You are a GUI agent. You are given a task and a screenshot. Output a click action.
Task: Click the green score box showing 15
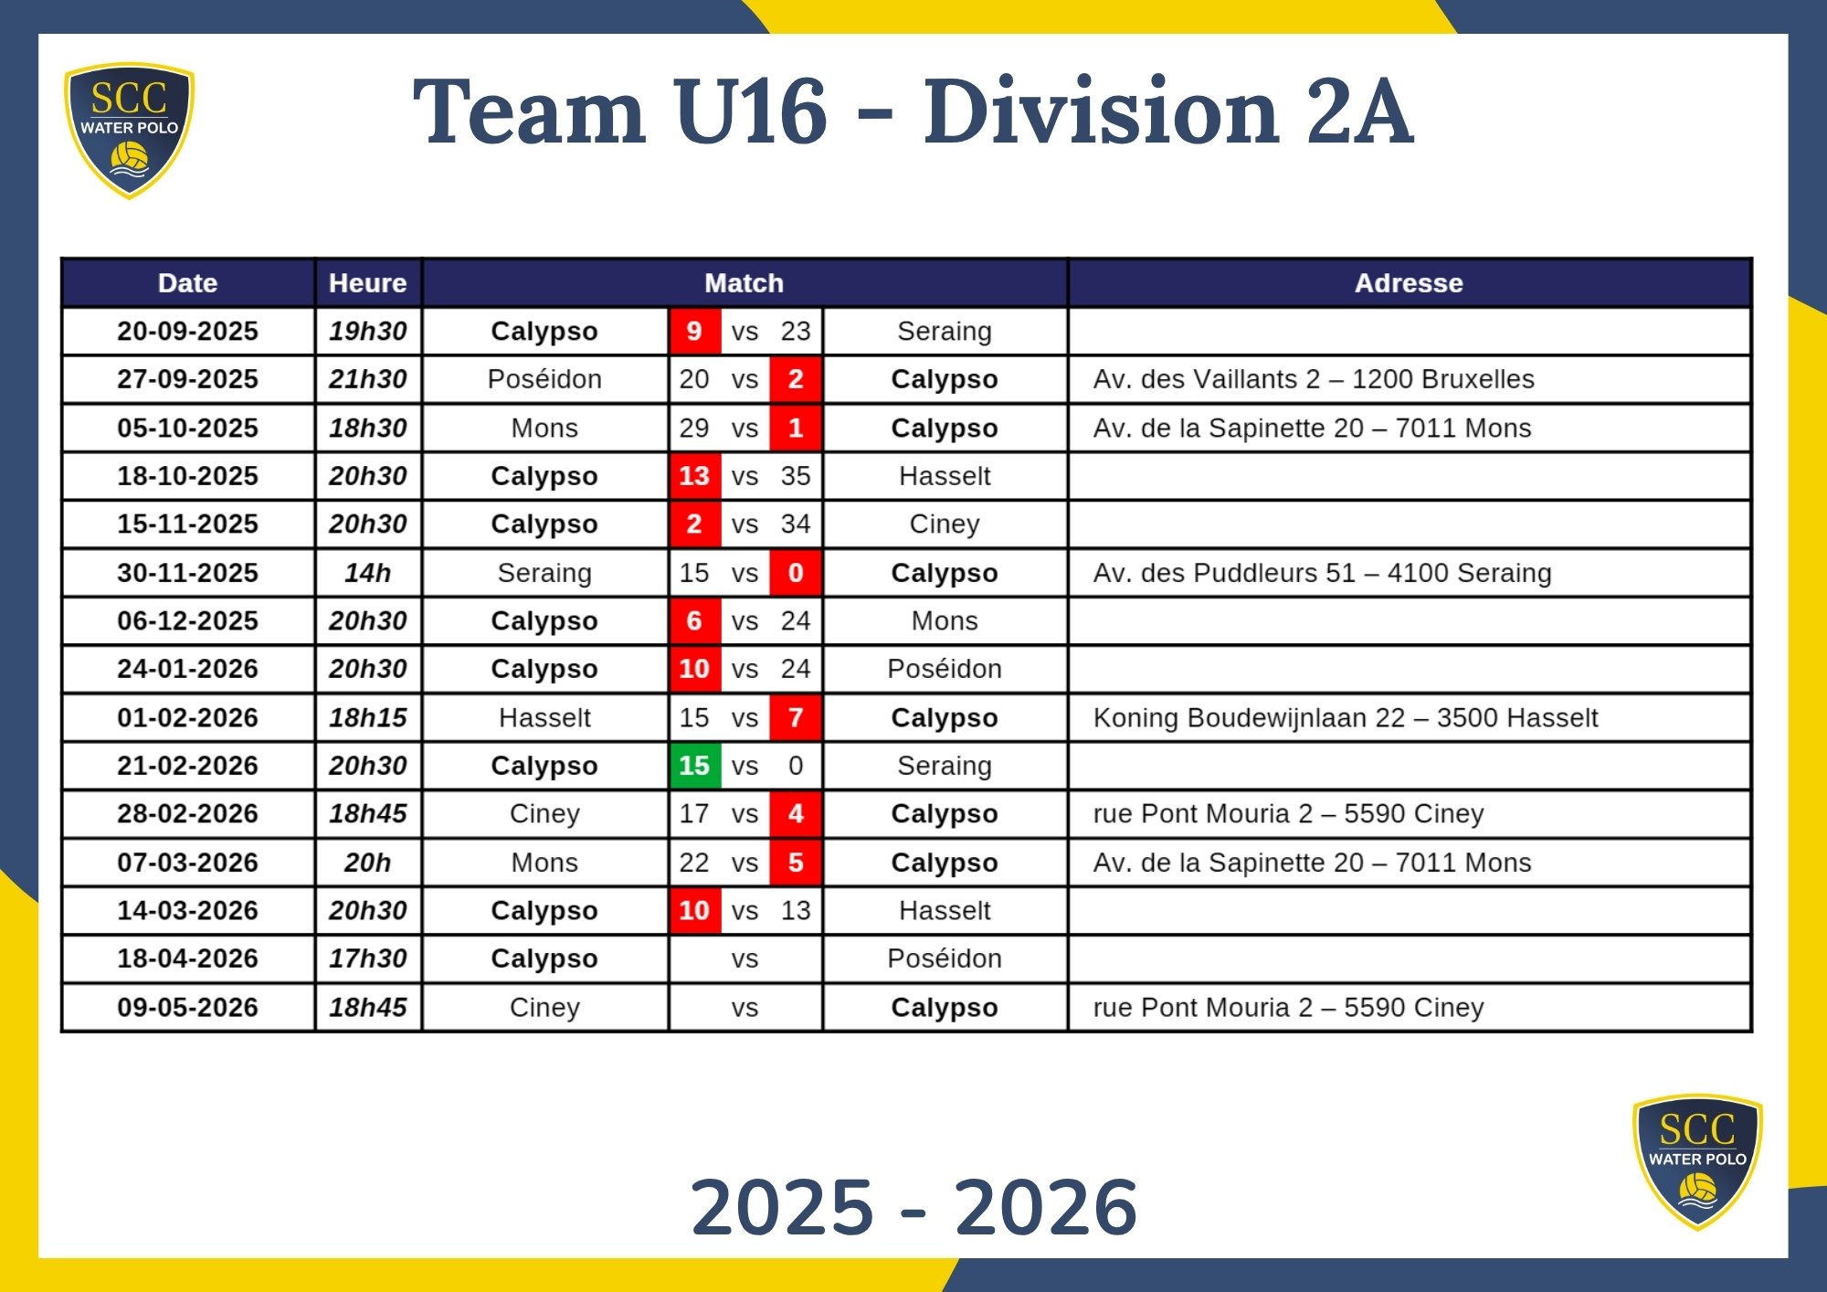pyautogui.click(x=694, y=766)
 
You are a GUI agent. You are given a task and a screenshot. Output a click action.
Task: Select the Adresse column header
pyautogui.click(x=1408, y=283)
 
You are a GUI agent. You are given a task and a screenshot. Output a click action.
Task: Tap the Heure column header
pyautogui.click(x=367, y=283)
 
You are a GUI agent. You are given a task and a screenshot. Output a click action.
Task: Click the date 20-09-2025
pyautogui.click(x=187, y=331)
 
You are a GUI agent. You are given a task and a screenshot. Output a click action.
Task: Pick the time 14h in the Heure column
pyautogui.click(x=367, y=573)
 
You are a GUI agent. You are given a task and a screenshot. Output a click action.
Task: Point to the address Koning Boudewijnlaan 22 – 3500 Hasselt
pyautogui.click(x=1345, y=718)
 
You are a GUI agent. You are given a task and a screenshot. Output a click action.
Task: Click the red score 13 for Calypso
pyautogui.click(x=694, y=476)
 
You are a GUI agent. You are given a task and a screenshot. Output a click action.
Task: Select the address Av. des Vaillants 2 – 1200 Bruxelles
pyautogui.click(x=1313, y=379)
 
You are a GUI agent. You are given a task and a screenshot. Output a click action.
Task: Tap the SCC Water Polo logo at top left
pyautogui.click(x=129, y=129)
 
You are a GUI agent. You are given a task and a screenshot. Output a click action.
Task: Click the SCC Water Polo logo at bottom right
pyautogui.click(x=1697, y=1160)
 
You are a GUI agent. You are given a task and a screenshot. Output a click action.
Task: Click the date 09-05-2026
pyautogui.click(x=187, y=1007)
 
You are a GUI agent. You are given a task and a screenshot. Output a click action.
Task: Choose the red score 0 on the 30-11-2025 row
pyautogui.click(x=796, y=573)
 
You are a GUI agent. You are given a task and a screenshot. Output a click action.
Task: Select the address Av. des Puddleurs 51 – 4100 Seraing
pyautogui.click(x=1322, y=573)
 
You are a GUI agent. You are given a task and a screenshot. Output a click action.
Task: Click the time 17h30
pyautogui.click(x=367, y=958)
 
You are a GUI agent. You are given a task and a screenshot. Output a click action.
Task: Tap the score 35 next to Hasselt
pyautogui.click(x=796, y=476)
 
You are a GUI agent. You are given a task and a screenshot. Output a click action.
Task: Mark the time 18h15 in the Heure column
pyautogui.click(x=367, y=718)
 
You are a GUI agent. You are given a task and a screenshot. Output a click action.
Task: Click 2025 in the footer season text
pyautogui.click(x=782, y=1207)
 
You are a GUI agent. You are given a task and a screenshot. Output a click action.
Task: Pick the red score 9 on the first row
pyautogui.click(x=694, y=331)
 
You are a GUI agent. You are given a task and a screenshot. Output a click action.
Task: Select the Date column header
pyautogui.click(x=187, y=283)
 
